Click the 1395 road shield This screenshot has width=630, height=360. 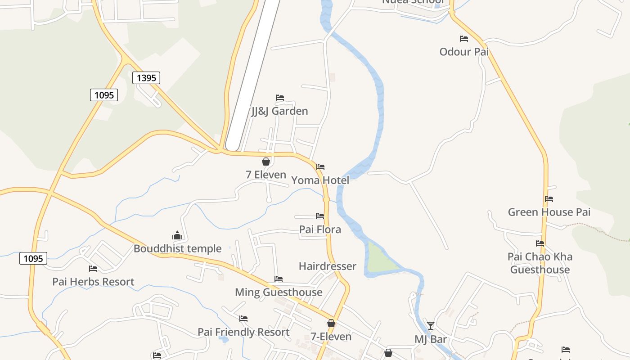(x=146, y=78)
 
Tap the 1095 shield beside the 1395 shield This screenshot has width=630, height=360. (x=104, y=95)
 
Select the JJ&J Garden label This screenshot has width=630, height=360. (x=279, y=111)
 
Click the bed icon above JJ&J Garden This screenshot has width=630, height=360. (x=280, y=98)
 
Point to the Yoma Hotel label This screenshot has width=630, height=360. (x=320, y=180)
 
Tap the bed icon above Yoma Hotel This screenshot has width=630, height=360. (x=320, y=167)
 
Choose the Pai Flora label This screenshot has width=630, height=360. (x=320, y=229)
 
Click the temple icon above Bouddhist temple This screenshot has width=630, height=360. (x=177, y=235)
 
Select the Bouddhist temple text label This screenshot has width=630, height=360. (x=177, y=248)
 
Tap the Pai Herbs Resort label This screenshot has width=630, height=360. (x=93, y=282)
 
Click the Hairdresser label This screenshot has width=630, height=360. (x=328, y=266)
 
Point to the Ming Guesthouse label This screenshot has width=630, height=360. (x=279, y=292)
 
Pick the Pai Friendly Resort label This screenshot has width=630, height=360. (x=243, y=332)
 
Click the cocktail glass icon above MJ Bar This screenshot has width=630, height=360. (x=431, y=325)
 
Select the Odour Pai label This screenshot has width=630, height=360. (x=464, y=52)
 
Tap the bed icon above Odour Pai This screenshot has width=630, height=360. (x=464, y=39)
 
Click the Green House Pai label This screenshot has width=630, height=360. (x=549, y=212)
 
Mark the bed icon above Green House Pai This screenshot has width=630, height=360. (x=549, y=198)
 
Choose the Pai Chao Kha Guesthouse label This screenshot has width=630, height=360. (x=540, y=263)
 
